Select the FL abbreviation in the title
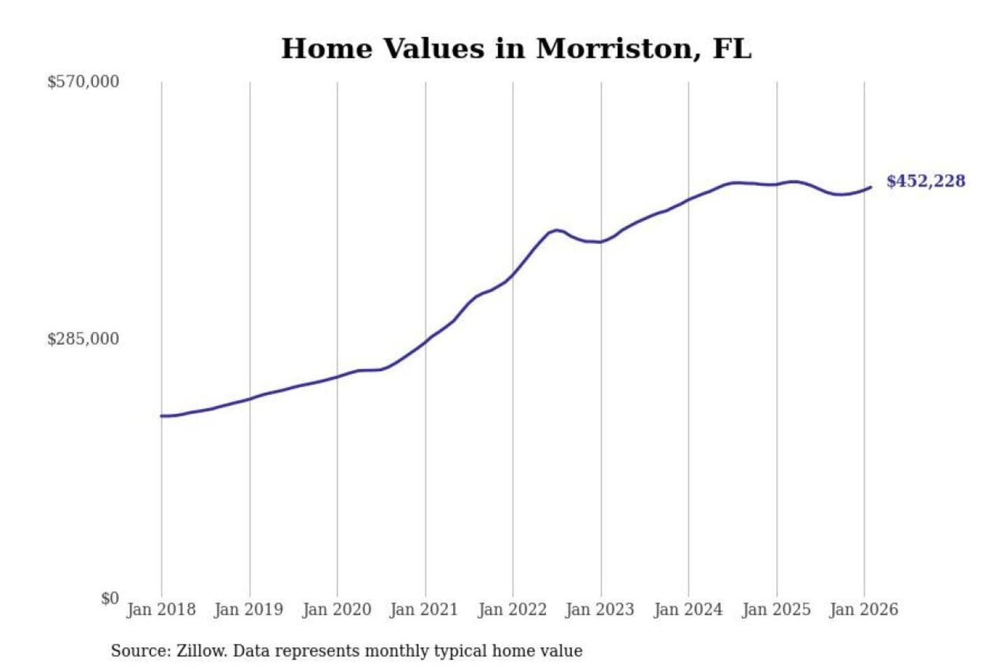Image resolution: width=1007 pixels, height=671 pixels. [x=732, y=49]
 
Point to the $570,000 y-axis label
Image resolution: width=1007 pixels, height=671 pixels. [x=83, y=82]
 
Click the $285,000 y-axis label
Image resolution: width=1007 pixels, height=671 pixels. [x=83, y=339]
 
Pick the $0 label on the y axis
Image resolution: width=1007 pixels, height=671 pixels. [x=110, y=598]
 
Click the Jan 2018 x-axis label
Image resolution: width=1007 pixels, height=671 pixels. [x=161, y=609]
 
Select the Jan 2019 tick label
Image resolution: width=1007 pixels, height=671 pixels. [x=249, y=609]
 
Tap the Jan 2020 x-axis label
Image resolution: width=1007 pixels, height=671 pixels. [x=336, y=609]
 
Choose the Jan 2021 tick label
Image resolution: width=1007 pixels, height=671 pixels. [x=424, y=609]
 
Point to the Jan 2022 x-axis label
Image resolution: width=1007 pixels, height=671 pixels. [x=512, y=609]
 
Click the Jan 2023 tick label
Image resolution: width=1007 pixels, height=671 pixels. [x=599, y=609]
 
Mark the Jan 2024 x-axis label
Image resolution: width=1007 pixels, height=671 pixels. [x=687, y=609]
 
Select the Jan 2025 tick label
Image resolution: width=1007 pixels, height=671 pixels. [x=776, y=609]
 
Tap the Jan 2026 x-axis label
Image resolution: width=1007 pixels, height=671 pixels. [x=863, y=609]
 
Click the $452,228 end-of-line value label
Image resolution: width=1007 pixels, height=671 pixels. [x=925, y=181]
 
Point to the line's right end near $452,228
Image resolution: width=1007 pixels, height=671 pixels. [x=871, y=187]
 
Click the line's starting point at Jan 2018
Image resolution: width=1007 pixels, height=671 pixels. [x=162, y=416]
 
